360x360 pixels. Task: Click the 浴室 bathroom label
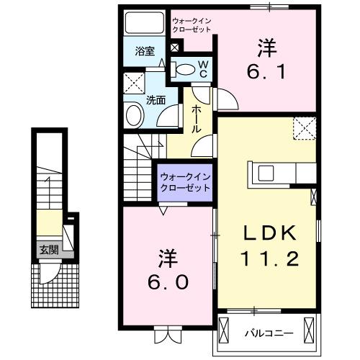145,51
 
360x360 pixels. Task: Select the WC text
203,69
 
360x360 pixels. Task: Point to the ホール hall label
196,117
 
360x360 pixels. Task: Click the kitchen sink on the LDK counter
264,173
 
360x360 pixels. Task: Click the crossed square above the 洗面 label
134,81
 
